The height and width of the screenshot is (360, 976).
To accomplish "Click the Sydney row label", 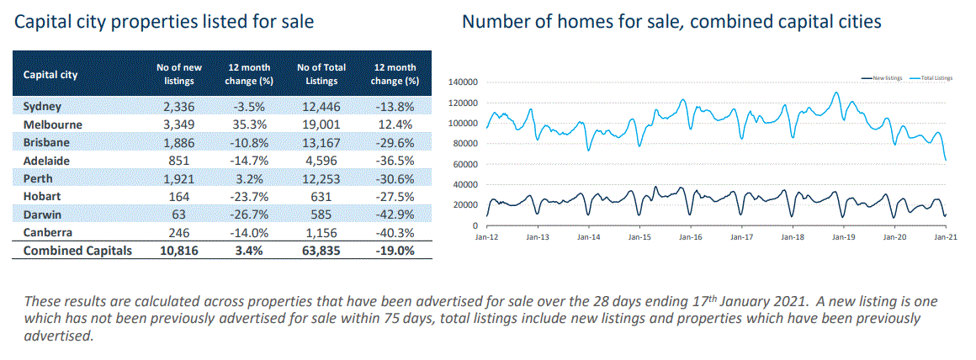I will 43,107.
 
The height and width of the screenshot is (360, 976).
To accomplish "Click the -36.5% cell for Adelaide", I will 394,160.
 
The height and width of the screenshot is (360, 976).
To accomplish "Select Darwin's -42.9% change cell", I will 394,214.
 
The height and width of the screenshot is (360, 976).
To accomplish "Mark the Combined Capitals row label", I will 77,251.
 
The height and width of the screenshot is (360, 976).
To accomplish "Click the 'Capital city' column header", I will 50,74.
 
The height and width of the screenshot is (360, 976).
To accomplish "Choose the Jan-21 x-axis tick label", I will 943,238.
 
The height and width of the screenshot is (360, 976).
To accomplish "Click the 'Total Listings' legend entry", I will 936,77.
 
